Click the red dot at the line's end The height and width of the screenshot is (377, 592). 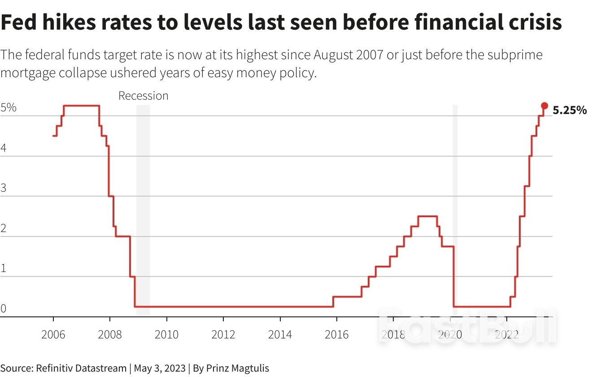pyautogui.click(x=544, y=105)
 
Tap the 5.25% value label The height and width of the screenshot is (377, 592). pyautogui.click(x=570, y=110)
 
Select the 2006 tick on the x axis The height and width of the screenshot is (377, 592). pyautogui.click(x=53, y=334)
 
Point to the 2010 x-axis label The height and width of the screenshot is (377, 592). pyautogui.click(x=166, y=334)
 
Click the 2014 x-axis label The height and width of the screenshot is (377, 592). pyautogui.click(x=280, y=334)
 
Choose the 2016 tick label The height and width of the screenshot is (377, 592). pyautogui.click(x=336, y=334)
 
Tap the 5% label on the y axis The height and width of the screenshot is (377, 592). pyautogui.click(x=9, y=108)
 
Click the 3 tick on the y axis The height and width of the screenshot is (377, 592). pyautogui.click(x=4, y=188)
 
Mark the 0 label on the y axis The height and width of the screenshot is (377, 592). pyautogui.click(x=4, y=308)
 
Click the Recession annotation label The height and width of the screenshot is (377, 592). pyautogui.click(x=143, y=96)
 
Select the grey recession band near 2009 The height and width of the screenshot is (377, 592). pyautogui.click(x=143, y=211)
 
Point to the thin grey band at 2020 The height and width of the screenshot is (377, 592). pyautogui.click(x=455, y=211)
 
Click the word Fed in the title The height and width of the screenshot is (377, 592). pyautogui.click(x=19, y=22)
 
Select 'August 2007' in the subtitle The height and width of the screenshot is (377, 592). pyautogui.click(x=348, y=55)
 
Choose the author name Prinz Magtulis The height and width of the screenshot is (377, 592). pyautogui.click(x=238, y=368)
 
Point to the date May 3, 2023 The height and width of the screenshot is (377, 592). pyautogui.click(x=160, y=368)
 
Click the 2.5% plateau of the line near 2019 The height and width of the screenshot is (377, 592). pyautogui.click(x=427, y=216)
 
